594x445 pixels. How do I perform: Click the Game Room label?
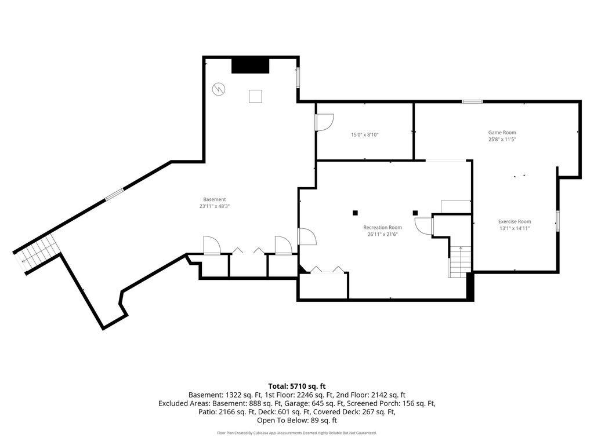(502, 133)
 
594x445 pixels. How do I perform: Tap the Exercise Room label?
(515, 221)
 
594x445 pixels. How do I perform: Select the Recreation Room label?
(383, 227)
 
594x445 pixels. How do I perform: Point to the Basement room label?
(215, 199)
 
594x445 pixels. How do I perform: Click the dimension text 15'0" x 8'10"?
(365, 134)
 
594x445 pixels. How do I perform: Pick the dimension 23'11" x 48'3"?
(215, 206)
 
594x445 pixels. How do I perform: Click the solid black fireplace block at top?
(251, 66)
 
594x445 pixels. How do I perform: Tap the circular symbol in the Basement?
(219, 89)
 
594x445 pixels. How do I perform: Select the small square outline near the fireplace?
(255, 96)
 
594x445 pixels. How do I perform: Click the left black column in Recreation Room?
(355, 213)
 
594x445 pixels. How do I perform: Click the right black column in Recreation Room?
(415, 213)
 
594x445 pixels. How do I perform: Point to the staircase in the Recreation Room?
(460, 261)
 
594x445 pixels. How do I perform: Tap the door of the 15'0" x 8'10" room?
(324, 122)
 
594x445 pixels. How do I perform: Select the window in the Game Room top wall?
(472, 101)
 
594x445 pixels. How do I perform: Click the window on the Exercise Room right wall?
(557, 221)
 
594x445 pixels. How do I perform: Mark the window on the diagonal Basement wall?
(114, 194)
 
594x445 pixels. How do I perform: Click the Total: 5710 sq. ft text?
(297, 386)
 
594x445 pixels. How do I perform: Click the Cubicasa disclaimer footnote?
(297, 433)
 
